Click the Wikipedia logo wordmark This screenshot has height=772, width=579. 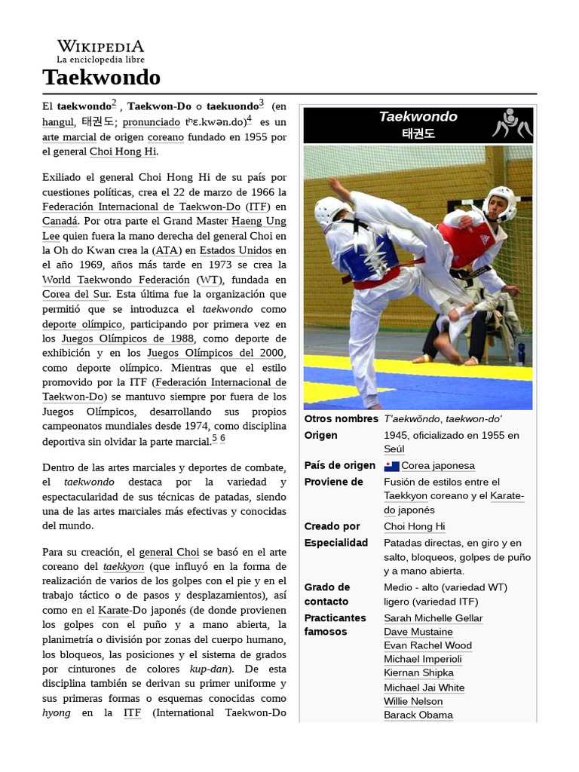click(x=100, y=46)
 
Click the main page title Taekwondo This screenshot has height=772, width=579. click(x=101, y=77)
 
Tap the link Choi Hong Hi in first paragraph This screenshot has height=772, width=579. click(x=123, y=152)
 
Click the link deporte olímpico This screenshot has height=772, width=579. click(x=81, y=323)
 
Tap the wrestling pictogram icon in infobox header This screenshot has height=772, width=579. click(x=511, y=124)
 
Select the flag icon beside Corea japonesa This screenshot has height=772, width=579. click(x=391, y=466)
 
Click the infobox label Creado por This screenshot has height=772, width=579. click(x=332, y=526)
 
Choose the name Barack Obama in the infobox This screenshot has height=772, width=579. click(x=418, y=715)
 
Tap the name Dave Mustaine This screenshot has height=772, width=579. click(x=418, y=632)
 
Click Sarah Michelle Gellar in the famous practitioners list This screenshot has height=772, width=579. click(x=433, y=618)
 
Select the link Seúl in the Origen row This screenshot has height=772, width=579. click(x=394, y=449)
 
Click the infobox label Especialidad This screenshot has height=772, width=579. click(x=335, y=543)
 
